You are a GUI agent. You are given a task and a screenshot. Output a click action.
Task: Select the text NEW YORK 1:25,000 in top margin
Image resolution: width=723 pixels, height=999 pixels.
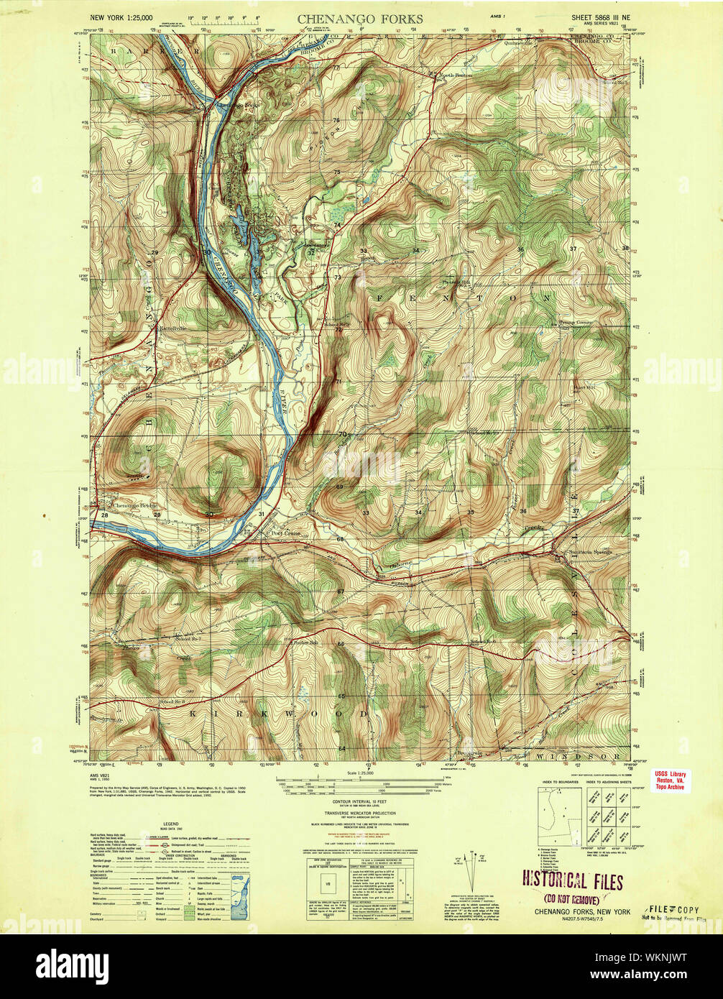pos(121,17)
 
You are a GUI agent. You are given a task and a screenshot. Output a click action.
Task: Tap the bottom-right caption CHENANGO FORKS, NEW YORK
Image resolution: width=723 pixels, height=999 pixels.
pos(582,911)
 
